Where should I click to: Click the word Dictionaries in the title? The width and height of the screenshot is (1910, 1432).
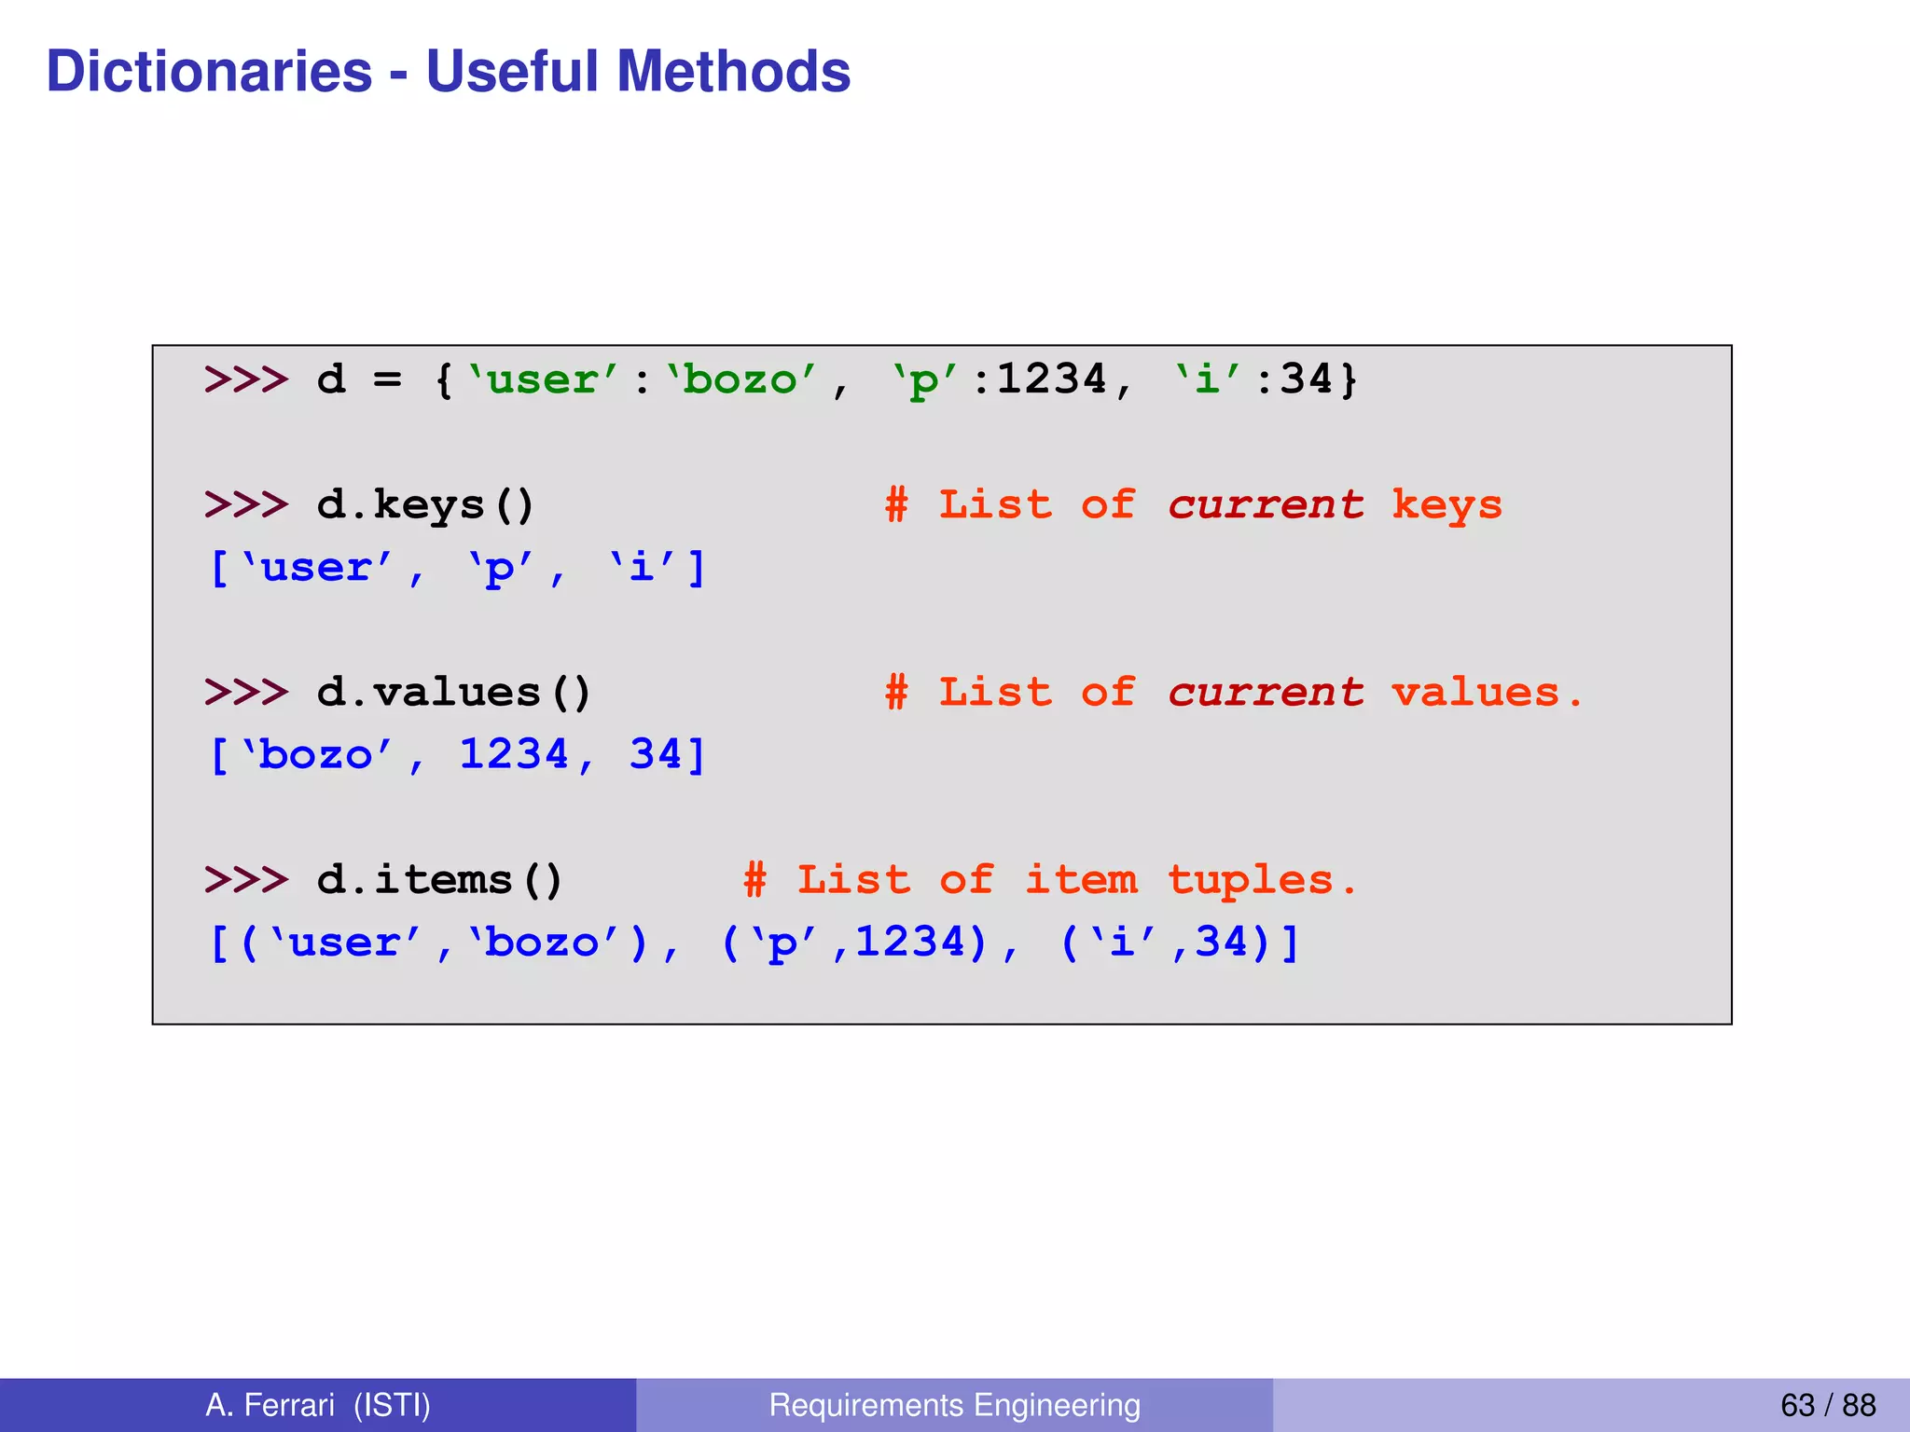(x=209, y=72)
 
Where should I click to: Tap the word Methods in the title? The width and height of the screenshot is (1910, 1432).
(x=733, y=72)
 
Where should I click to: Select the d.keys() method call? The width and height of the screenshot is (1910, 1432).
(x=425, y=505)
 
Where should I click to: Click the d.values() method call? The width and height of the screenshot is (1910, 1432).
(x=453, y=693)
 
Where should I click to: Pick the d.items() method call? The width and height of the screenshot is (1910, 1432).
(x=439, y=880)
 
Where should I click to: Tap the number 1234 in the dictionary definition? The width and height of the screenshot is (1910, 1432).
(x=1051, y=380)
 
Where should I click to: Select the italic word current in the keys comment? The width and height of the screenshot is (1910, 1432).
(x=1266, y=505)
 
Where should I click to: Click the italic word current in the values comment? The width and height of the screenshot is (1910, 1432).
(x=1266, y=693)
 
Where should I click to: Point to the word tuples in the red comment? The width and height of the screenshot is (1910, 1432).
(x=1251, y=880)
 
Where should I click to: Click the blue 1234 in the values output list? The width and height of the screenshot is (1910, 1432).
(x=514, y=754)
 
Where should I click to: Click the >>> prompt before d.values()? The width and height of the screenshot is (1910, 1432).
(x=246, y=693)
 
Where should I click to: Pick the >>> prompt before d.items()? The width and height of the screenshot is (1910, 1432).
(x=246, y=880)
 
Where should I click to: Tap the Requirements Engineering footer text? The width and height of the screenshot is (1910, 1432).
(x=954, y=1404)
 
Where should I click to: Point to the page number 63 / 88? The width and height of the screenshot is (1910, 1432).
(x=1827, y=1404)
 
